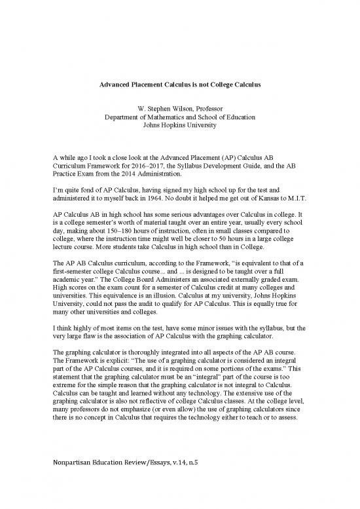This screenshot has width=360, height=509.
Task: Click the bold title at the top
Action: click(180, 85)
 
